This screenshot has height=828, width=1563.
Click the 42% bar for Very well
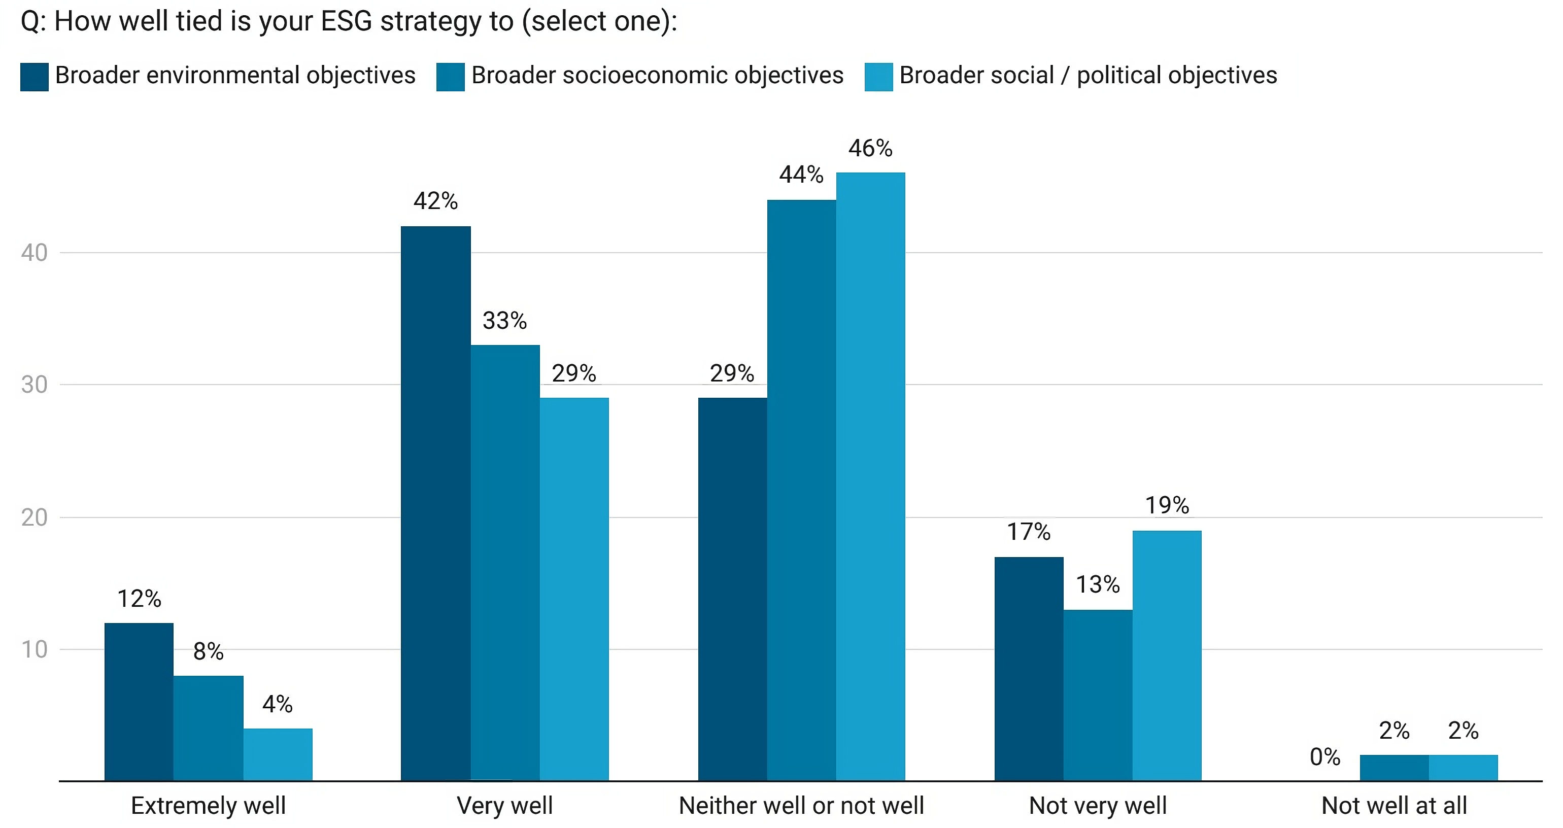[x=435, y=503]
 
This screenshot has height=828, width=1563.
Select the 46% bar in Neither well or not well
[x=870, y=476]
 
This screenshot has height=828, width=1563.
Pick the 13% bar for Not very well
[x=1098, y=695]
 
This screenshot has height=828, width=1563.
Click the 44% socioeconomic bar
[x=801, y=490]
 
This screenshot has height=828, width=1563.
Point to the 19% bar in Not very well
[x=1167, y=655]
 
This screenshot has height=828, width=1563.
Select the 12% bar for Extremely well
[x=139, y=702]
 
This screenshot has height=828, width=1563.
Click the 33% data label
[x=504, y=320]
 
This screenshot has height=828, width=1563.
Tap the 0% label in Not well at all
[x=1324, y=756]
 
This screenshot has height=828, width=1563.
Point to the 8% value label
[x=208, y=651]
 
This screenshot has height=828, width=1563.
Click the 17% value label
[x=1029, y=532]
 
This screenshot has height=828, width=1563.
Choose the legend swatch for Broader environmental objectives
[x=34, y=77]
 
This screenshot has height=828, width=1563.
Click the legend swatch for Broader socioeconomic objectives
[x=450, y=77]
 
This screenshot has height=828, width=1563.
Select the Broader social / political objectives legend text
[x=1088, y=75]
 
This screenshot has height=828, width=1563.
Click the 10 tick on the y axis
[x=34, y=649]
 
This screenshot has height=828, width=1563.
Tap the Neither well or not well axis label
[x=801, y=806]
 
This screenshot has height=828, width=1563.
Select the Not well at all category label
[x=1394, y=806]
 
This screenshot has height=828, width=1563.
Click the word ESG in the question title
[x=346, y=21]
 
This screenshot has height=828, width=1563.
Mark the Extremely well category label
[x=208, y=806]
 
